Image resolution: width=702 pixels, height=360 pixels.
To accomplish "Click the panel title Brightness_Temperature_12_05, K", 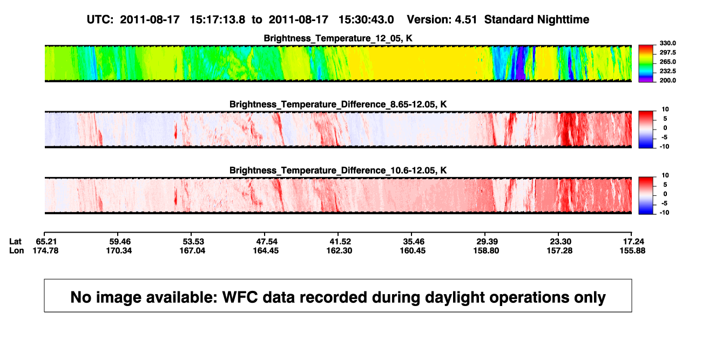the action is point(338,38).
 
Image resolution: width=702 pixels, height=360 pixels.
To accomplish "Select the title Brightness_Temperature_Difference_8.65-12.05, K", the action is point(338,104).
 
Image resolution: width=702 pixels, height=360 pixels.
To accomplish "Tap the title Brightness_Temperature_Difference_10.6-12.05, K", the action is point(338,171).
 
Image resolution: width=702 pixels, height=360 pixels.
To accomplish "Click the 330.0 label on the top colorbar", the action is point(667,43).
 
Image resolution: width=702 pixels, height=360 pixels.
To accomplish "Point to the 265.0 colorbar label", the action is point(667,62).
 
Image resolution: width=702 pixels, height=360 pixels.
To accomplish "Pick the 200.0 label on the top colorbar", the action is point(667,80).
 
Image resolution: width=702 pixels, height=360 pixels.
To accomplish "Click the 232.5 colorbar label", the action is point(667,71).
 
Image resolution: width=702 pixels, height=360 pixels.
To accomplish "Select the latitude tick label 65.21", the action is point(46,242).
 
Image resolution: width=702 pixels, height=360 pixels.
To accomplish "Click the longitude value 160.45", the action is point(413,250).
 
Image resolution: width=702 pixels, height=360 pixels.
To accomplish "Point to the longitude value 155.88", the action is point(632,250).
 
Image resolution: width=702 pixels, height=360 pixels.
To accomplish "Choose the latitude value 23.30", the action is point(561,242).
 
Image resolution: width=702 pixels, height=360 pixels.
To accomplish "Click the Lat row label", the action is point(15,242).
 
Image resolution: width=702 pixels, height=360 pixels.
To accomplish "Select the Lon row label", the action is point(16,250).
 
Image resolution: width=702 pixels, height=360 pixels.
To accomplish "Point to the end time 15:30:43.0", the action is point(366,20).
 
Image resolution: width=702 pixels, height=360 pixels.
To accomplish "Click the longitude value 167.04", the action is point(192,250).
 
